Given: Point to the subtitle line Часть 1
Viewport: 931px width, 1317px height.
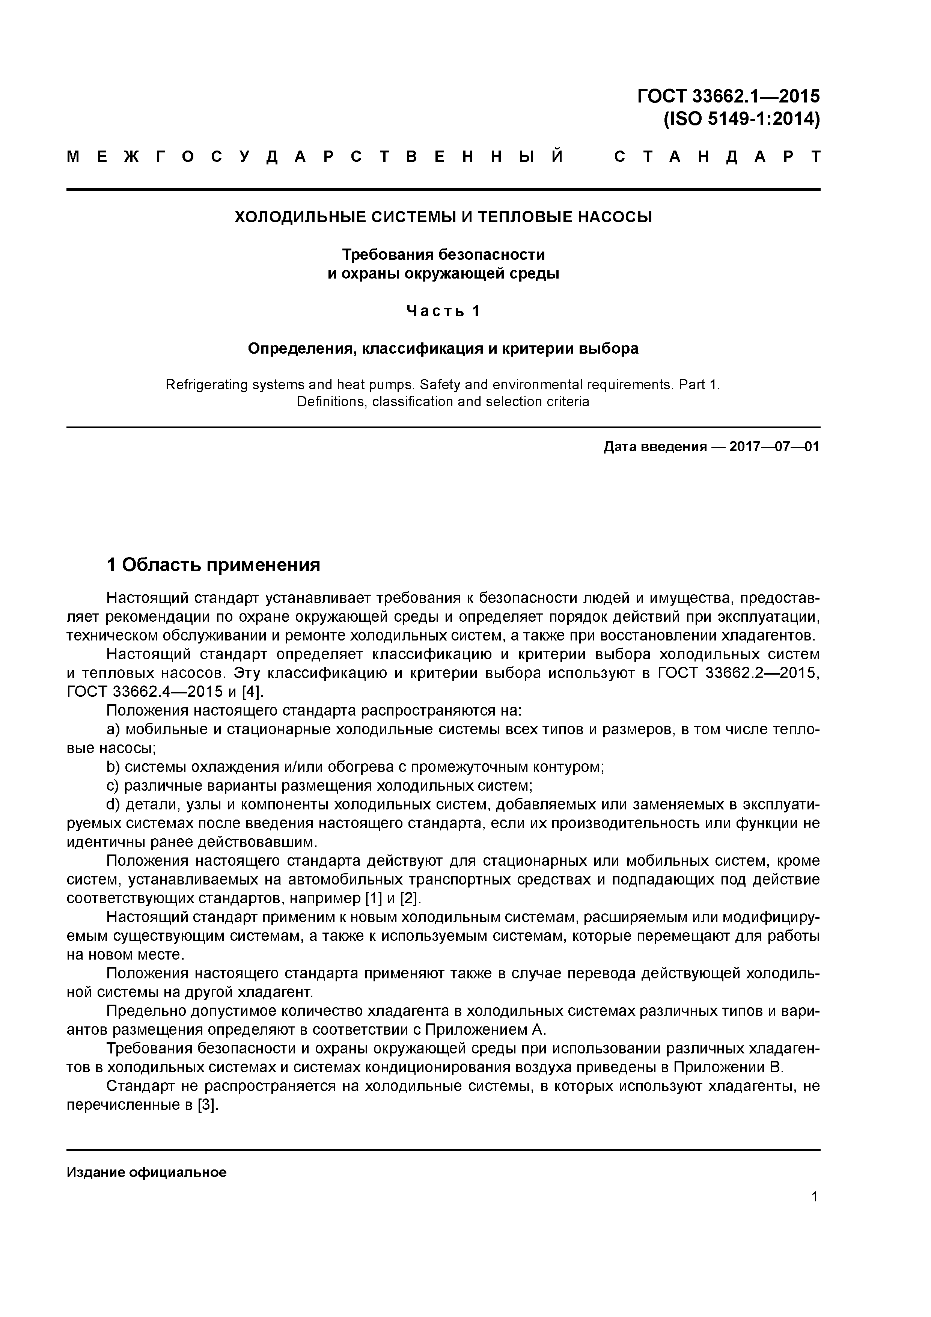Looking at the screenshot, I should click(443, 311).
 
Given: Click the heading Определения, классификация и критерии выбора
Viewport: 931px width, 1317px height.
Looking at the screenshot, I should click(443, 348).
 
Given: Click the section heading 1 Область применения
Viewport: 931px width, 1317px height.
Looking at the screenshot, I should click(213, 565).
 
